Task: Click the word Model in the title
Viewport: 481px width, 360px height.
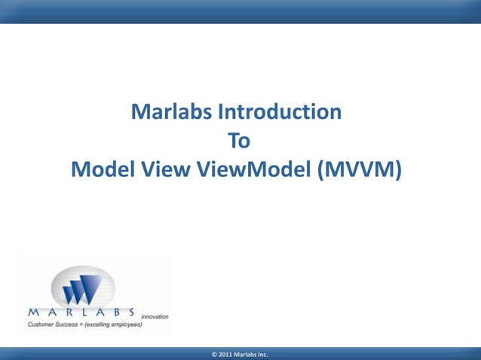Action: [102, 170]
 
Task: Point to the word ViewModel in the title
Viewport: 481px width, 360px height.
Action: [253, 170]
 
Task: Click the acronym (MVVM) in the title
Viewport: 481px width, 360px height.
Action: [359, 170]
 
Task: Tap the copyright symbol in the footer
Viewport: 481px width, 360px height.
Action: [215, 353]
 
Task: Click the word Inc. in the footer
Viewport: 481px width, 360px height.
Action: [262, 353]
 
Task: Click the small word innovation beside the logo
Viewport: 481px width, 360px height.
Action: [155, 317]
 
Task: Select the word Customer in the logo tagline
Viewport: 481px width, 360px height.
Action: [42, 324]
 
